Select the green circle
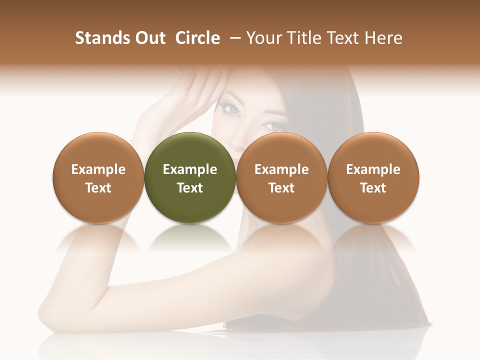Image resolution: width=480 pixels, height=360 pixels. point(190,177)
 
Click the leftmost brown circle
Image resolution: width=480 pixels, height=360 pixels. point(98,177)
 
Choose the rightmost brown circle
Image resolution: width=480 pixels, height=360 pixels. point(373,177)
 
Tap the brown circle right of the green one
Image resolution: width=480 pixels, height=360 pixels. point(281,177)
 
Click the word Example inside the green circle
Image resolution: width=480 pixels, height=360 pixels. point(190,169)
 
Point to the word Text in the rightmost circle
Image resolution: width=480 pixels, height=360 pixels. point(373,188)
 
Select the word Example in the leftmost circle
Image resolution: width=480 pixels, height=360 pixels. point(98,169)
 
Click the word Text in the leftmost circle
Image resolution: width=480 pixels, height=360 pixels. point(98,188)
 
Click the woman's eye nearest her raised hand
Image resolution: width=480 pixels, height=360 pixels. point(231,107)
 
